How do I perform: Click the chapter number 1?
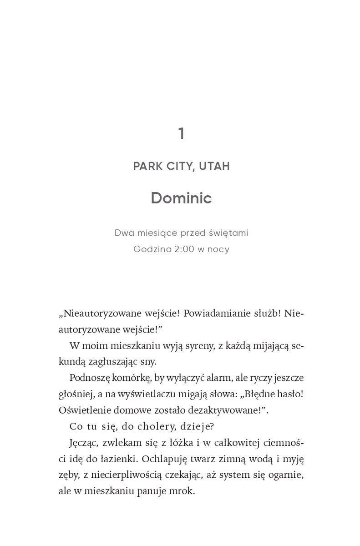click(181, 134)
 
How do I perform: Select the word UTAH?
click(214, 166)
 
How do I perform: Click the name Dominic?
click(181, 198)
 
